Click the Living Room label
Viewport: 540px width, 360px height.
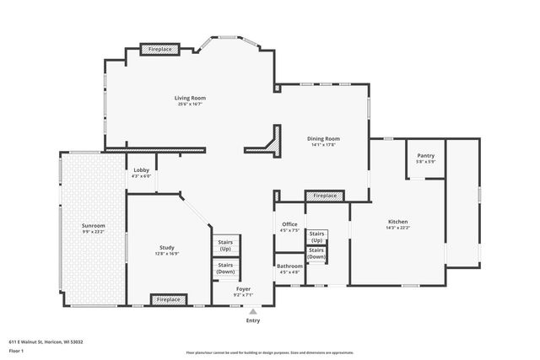tap(191, 99)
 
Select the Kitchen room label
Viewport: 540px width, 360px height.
tap(397, 223)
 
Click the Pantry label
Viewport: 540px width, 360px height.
tap(426, 155)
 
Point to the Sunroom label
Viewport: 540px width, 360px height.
tap(93, 226)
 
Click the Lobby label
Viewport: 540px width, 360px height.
tap(142, 170)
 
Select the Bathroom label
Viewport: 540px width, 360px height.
tap(289, 267)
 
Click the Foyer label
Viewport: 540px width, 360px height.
tap(243, 289)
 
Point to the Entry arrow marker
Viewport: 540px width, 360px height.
tap(252, 311)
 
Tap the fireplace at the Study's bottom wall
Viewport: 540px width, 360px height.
tap(170, 299)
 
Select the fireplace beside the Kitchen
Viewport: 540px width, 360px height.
tap(325, 196)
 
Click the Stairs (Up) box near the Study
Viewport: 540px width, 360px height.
tap(225, 246)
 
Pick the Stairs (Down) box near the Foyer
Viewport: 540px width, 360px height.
tap(225, 268)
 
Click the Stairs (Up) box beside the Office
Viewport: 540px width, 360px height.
tap(317, 236)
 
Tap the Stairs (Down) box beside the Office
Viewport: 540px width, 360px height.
tap(317, 253)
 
